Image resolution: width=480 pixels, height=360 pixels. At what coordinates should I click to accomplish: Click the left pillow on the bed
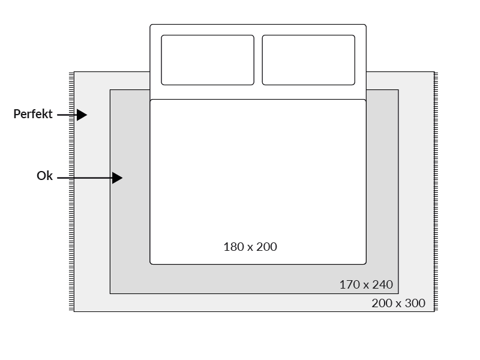(x=208, y=60)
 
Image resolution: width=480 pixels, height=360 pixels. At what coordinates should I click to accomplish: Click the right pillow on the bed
(x=308, y=60)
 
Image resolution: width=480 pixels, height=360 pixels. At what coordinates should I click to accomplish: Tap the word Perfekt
(x=34, y=114)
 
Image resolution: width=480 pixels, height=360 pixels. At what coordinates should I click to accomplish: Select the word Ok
(x=45, y=176)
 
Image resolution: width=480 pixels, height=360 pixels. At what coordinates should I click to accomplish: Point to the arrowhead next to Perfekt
(x=82, y=115)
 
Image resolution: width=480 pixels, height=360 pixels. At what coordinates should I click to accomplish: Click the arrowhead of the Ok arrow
(x=118, y=178)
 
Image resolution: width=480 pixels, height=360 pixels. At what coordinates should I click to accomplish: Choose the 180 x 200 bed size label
(x=250, y=247)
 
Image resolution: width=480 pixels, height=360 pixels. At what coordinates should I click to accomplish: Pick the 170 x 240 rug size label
(x=366, y=284)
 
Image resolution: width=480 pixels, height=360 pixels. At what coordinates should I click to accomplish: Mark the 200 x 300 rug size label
(x=398, y=304)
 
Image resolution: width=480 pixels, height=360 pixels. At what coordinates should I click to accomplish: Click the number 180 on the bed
(x=233, y=247)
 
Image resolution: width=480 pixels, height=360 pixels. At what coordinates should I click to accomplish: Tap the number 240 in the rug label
(x=382, y=284)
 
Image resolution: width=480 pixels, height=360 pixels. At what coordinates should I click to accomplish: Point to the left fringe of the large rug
(x=72, y=192)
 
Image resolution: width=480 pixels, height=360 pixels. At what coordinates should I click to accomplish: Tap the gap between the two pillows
(x=258, y=60)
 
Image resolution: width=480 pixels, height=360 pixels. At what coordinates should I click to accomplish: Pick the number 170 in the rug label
(x=349, y=284)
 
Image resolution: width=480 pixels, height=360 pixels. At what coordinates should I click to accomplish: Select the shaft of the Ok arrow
(x=84, y=178)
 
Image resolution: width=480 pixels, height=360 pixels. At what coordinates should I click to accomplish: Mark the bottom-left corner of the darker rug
(x=110, y=293)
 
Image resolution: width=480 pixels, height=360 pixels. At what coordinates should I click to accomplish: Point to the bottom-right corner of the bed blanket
(x=365, y=263)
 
